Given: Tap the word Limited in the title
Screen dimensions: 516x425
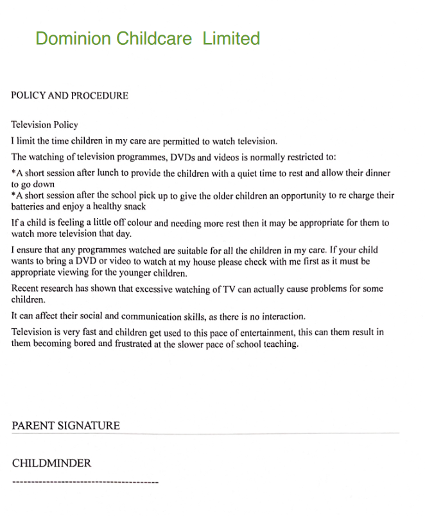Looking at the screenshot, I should click(231, 38).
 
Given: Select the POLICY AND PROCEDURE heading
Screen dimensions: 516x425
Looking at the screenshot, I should click(70, 96).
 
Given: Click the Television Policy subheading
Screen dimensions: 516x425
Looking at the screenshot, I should click(45, 125).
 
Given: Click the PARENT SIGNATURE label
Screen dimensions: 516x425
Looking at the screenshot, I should click(66, 426).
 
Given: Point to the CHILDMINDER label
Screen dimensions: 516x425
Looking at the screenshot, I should click(52, 463).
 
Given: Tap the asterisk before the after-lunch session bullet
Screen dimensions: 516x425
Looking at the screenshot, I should click(14, 172).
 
